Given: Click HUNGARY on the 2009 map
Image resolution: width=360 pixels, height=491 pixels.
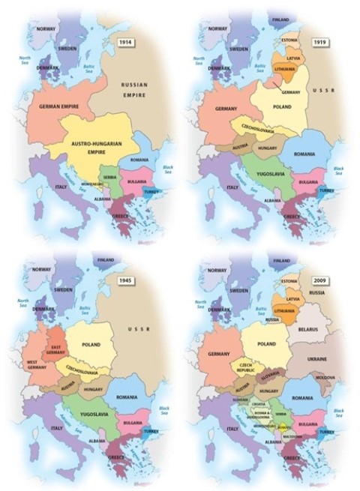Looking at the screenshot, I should [268, 391].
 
